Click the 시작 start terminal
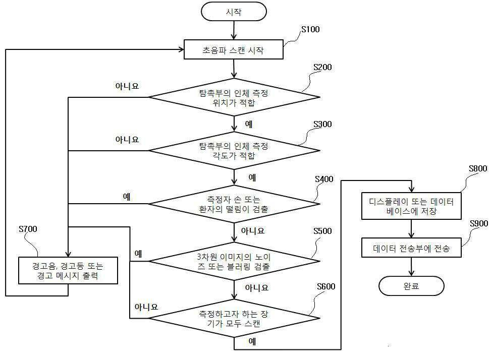tap(234, 12)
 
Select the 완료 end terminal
tap(411, 286)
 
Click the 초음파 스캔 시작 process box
tap(234, 50)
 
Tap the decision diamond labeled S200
tap(234, 96)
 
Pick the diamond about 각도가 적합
tap(234, 150)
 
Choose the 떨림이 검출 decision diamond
tap(234, 204)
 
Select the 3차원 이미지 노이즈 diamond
tap(234, 261)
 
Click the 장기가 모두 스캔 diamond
tap(234, 319)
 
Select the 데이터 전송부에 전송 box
tap(411, 248)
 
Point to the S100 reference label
tap(310, 29)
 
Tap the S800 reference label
tap(477, 168)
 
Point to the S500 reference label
tap(322, 231)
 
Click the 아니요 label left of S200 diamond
tap(127, 86)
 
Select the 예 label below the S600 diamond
tap(252, 342)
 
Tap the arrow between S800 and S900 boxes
tap(411, 228)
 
